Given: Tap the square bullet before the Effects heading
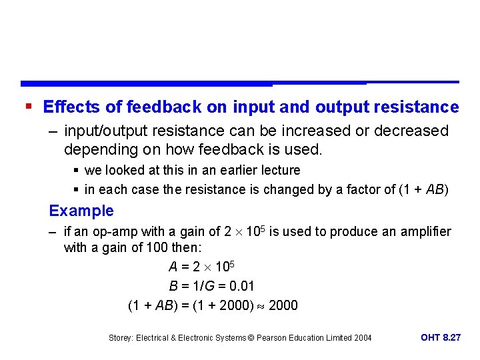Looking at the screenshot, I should [x=27, y=107].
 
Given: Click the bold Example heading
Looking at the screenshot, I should [x=81, y=211].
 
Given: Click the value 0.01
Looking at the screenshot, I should [x=241, y=286].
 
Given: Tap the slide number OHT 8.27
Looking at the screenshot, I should [x=441, y=337].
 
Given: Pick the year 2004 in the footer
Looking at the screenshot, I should [x=362, y=338].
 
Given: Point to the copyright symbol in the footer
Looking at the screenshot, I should [x=251, y=338].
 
